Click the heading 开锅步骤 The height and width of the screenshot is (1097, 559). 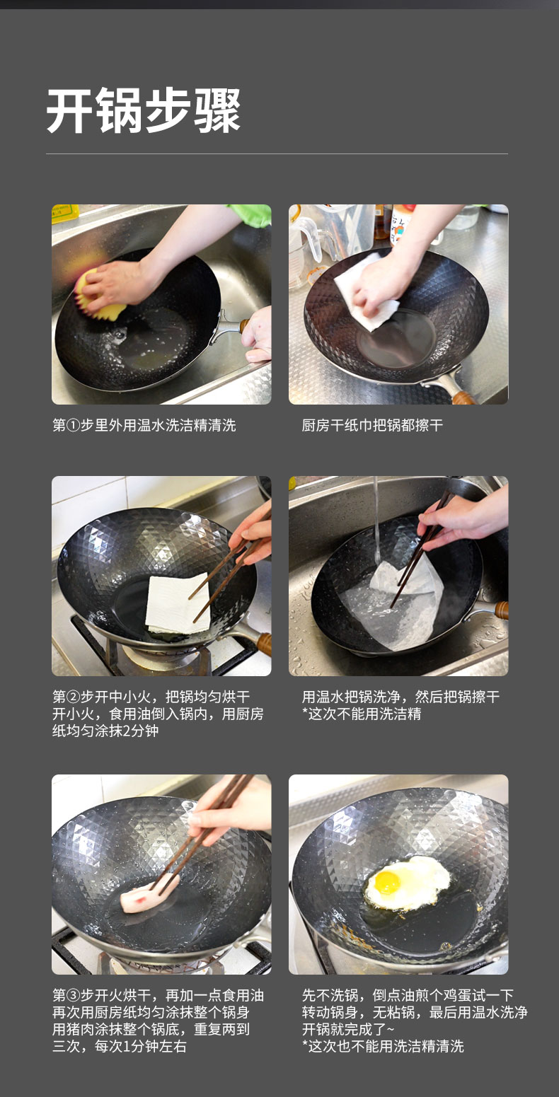click(x=144, y=110)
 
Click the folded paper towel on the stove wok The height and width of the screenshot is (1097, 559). click(x=179, y=604)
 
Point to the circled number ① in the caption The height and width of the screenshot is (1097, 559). click(x=73, y=425)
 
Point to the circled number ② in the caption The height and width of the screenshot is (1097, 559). click(x=73, y=697)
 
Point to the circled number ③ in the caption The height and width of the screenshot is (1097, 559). click(x=73, y=996)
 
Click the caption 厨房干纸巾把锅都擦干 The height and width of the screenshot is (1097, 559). click(x=372, y=425)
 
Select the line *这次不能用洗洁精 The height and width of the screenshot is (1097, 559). click(x=362, y=714)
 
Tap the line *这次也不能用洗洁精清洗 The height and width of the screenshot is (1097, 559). click(x=383, y=1047)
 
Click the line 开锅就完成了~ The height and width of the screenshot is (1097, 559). click(x=348, y=1029)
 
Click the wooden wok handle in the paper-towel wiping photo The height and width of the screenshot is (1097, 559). click(x=463, y=395)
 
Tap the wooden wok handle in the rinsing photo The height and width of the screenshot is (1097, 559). click(x=502, y=610)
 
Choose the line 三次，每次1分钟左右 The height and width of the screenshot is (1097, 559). click(x=119, y=1047)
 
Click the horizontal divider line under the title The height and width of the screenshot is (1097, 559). click(x=277, y=153)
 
